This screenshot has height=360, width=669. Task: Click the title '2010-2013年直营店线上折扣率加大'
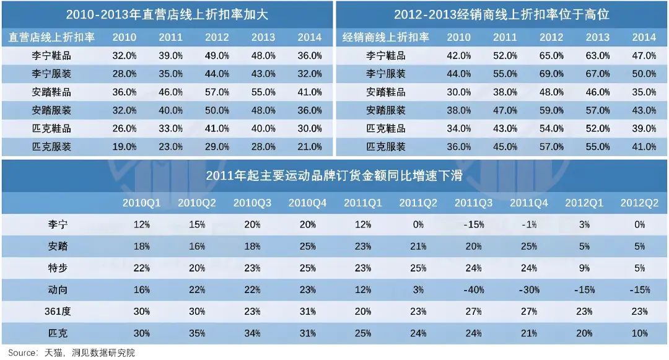[x=167, y=14]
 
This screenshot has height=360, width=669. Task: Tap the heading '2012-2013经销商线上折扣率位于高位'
[x=502, y=14]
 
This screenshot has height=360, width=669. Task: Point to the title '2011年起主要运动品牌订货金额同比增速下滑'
[x=334, y=175]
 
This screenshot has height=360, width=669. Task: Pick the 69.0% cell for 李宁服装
[x=551, y=74]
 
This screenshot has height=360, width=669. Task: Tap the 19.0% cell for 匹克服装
[x=124, y=147]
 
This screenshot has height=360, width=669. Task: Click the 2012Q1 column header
[x=583, y=203]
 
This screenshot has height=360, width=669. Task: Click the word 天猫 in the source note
[x=52, y=353]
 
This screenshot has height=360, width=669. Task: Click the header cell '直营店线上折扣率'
[x=51, y=37]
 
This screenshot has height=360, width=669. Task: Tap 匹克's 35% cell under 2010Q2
[x=196, y=333]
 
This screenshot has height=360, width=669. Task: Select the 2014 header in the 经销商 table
[x=644, y=37]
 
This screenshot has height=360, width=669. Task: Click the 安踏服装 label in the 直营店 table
[x=51, y=110]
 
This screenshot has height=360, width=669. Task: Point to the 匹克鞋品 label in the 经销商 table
[x=386, y=129]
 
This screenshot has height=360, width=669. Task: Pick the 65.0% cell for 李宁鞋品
[x=551, y=56]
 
